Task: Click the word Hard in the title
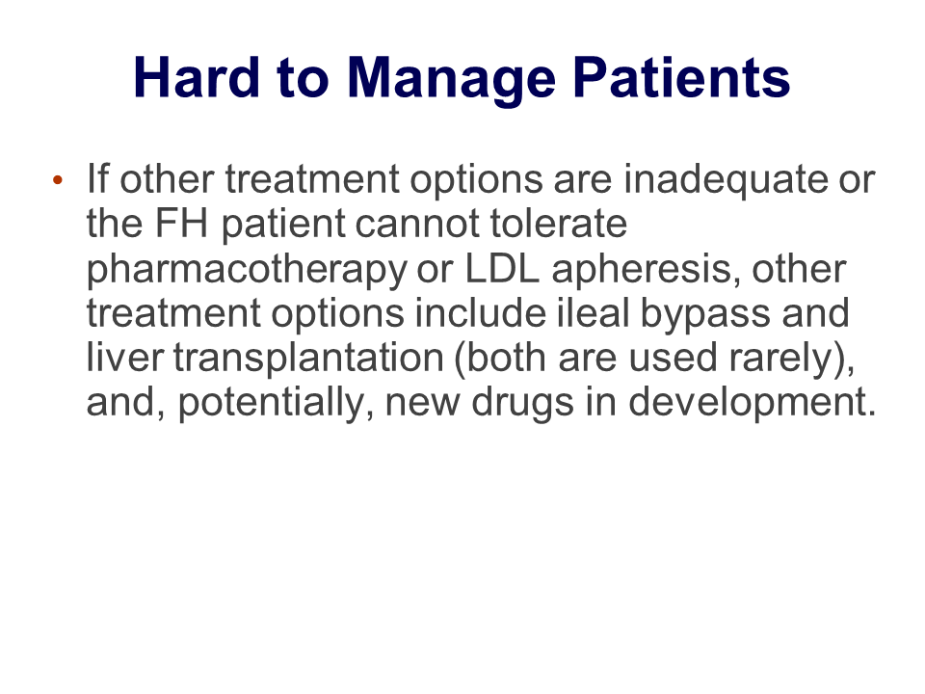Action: pos(197,77)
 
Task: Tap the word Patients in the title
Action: pos(681,77)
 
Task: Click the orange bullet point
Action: pos(57,179)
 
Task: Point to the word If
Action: pos(97,178)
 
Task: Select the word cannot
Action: pos(416,224)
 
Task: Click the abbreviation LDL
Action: pos(502,269)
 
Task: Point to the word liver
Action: pos(124,358)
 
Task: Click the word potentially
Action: pos(276,404)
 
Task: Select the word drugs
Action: pos(522,404)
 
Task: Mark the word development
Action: pos(752,404)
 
